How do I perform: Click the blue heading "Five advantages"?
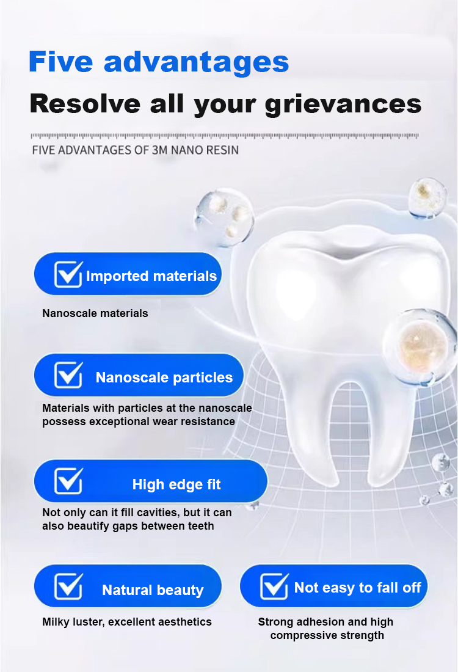(x=159, y=62)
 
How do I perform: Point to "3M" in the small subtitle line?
(x=160, y=150)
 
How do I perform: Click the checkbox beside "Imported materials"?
(x=68, y=274)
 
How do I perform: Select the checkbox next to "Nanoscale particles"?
(x=68, y=375)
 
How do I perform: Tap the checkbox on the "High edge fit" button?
(x=68, y=480)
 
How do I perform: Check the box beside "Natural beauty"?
(x=68, y=586)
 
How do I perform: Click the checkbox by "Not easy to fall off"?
(x=274, y=586)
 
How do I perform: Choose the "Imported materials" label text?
(x=151, y=276)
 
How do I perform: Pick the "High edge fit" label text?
(x=176, y=484)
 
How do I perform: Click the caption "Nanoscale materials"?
(x=95, y=313)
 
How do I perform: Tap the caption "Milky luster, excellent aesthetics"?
(x=127, y=622)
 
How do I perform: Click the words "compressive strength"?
(x=327, y=635)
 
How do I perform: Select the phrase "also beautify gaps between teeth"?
(x=128, y=526)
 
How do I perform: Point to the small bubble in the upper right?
(x=427, y=199)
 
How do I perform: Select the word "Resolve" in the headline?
(x=85, y=104)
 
